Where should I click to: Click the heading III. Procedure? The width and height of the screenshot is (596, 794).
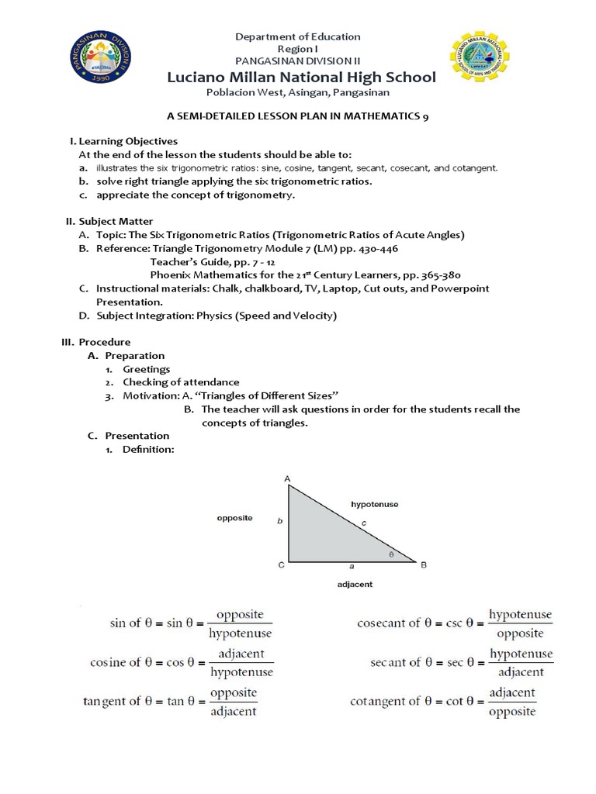coord(96,342)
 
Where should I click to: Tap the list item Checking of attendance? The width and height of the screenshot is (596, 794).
coord(181,382)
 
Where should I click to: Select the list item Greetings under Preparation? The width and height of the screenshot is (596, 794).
coord(146,369)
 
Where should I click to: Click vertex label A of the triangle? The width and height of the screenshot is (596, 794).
coord(287,478)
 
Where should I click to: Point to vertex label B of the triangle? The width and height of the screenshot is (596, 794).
coord(424,565)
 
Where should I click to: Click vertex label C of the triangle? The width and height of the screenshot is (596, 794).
coord(281,565)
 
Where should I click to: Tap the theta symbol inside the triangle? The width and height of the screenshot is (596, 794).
coord(390,554)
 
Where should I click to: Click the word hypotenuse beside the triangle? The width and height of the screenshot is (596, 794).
coord(374,504)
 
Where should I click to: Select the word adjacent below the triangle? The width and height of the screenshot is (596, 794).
coord(354,584)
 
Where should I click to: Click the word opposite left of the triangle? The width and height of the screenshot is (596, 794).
coord(234,518)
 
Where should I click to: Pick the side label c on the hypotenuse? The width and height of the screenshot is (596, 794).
coord(363,524)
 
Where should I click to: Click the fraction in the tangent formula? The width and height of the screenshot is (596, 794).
coord(234,701)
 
